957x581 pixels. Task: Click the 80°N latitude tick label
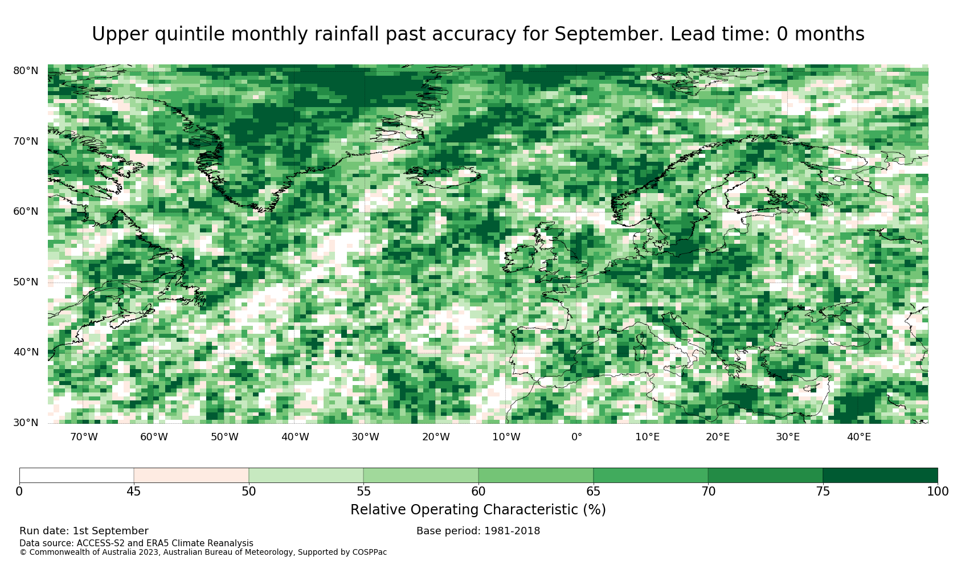click(26, 71)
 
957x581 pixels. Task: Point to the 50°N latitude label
click(26, 282)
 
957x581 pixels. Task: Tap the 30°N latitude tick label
click(26, 423)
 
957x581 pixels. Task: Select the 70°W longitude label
click(84, 437)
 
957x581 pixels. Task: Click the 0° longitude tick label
click(576, 437)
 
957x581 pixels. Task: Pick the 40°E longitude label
click(859, 437)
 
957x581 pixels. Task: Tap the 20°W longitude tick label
click(436, 437)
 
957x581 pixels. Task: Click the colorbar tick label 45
click(134, 492)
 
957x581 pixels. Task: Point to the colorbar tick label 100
click(938, 492)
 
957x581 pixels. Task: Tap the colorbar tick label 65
click(593, 492)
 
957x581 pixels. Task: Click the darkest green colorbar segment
click(880, 476)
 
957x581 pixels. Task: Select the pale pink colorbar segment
click(191, 476)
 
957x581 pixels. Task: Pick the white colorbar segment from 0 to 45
click(76, 476)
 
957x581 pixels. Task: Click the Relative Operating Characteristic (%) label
click(478, 510)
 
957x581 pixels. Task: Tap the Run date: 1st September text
click(84, 531)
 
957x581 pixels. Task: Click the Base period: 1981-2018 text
click(478, 531)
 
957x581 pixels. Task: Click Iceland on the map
click(444, 177)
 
